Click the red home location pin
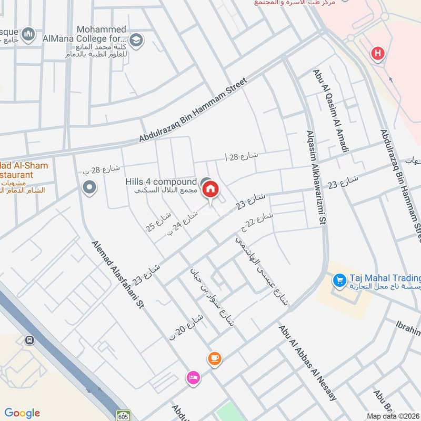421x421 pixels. pyautogui.click(x=210, y=188)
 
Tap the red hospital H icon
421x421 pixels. pyautogui.click(x=377, y=53)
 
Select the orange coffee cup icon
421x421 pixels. pyautogui.click(x=214, y=359)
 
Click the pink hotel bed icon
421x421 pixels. pyautogui.click(x=193, y=377)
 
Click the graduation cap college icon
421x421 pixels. pyautogui.click(x=136, y=39)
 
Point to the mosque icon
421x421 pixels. pyautogui.click(x=28, y=34)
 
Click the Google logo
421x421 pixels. pyautogui.click(x=22, y=413)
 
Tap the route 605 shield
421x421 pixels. pyautogui.click(x=123, y=415)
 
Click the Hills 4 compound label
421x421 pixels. pyautogui.click(x=161, y=182)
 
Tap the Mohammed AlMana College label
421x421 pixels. pyautogui.click(x=101, y=34)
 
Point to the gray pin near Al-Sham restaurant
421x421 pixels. pyautogui.click(x=89, y=187)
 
